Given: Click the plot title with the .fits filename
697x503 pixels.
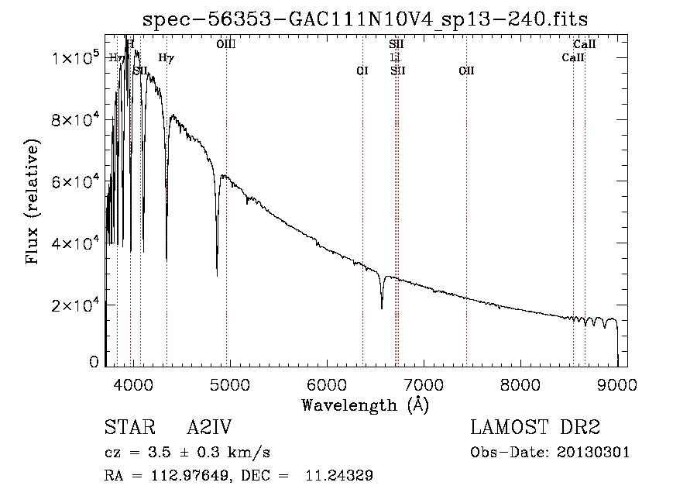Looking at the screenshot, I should coord(370,19).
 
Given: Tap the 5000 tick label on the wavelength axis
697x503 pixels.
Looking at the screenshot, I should coord(229,384).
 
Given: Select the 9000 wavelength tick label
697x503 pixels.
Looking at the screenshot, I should coord(617,384).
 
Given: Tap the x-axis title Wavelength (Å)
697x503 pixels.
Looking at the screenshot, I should coord(365,404).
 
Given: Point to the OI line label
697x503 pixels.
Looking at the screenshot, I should coord(362,71).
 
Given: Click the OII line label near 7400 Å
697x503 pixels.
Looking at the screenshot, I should coord(466,71).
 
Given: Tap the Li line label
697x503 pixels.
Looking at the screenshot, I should coord(395,58).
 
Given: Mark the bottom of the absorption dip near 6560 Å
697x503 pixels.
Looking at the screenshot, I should coord(382,308).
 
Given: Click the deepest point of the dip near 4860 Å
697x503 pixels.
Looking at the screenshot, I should coord(217,274).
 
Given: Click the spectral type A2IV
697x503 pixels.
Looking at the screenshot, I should coord(209,428).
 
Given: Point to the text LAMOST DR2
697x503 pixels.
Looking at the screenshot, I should coord(535,428).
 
